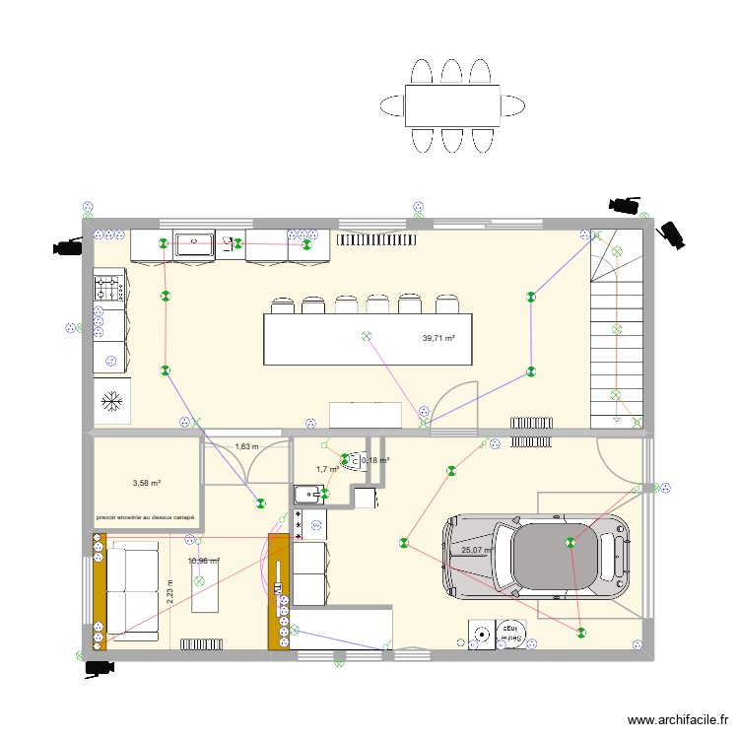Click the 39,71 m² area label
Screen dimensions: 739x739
click(438, 339)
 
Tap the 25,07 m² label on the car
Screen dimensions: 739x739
click(477, 551)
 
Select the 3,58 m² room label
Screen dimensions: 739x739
click(146, 483)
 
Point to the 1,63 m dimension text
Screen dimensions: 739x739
click(246, 447)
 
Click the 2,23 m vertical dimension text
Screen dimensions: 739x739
click(169, 589)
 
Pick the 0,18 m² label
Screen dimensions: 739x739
click(375, 460)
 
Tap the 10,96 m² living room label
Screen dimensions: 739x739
click(203, 562)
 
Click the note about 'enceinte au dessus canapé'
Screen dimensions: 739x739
click(145, 517)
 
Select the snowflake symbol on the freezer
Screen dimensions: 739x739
click(112, 401)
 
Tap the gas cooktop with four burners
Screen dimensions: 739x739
click(107, 288)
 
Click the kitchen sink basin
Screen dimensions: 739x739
click(195, 243)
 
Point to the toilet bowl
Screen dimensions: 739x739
click(352, 459)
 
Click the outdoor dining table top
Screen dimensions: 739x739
click(452, 105)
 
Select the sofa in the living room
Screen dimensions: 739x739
click(130, 591)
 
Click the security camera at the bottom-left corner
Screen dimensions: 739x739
click(99, 667)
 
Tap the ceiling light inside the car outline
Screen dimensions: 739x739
click(571, 541)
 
